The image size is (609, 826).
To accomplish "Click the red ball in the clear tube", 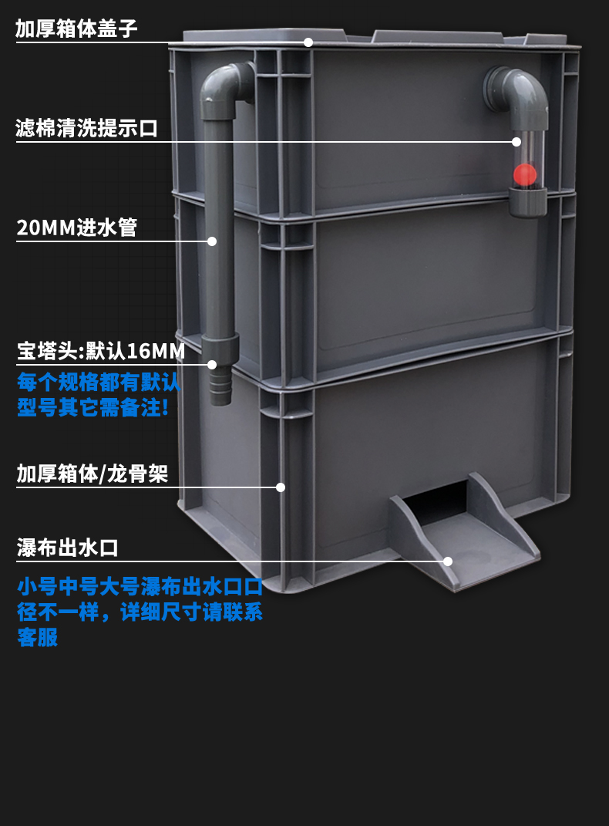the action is click(525, 175).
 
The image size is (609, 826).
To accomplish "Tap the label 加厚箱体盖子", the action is click(76, 29).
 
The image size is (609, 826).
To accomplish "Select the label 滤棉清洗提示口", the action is click(86, 128).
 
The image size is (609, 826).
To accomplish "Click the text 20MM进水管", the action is click(76, 228).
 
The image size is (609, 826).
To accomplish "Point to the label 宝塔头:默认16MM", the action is click(101, 352).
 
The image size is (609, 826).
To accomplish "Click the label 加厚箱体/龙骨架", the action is click(92, 474).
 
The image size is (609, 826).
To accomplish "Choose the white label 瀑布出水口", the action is click(68, 548).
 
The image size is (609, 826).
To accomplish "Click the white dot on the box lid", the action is click(308, 42).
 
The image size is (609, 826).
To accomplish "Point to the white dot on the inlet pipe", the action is click(212, 241).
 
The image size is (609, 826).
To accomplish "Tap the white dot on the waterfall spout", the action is click(448, 561).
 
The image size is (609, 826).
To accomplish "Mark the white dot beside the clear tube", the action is click(516, 142).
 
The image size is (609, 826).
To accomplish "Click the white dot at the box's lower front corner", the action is click(281, 487).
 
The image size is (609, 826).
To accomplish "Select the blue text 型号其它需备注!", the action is click(93, 407).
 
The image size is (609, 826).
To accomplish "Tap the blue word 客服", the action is click(37, 638).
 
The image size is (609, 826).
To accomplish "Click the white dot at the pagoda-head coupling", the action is click(212, 364).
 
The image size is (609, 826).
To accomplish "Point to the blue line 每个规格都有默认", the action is click(98, 382).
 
